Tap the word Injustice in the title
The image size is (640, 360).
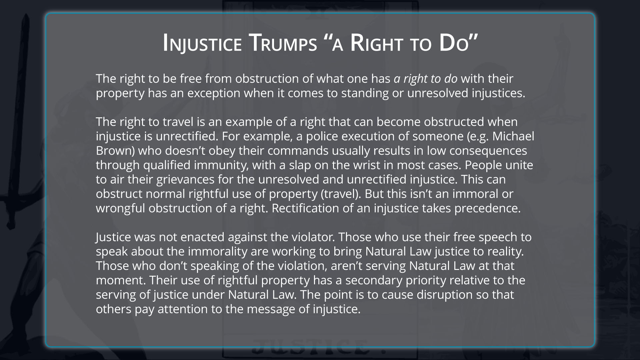[202, 44]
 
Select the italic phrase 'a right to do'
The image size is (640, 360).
[425, 79]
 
